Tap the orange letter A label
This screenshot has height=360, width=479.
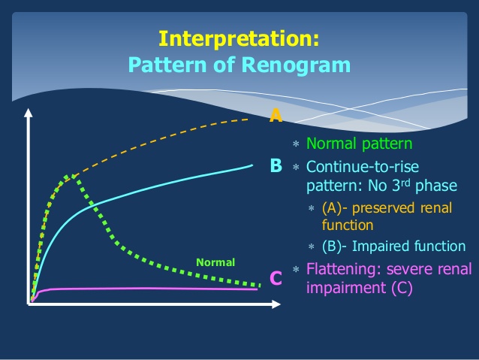tap(276, 115)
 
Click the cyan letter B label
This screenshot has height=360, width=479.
tap(276, 165)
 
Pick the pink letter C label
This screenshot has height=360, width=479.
tap(276, 279)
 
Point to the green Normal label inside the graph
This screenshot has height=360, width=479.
tap(215, 262)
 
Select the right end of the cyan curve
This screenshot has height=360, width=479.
tap(252, 165)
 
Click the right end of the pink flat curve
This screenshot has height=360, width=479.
tap(258, 289)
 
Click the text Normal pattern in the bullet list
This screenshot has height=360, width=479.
tap(359, 143)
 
